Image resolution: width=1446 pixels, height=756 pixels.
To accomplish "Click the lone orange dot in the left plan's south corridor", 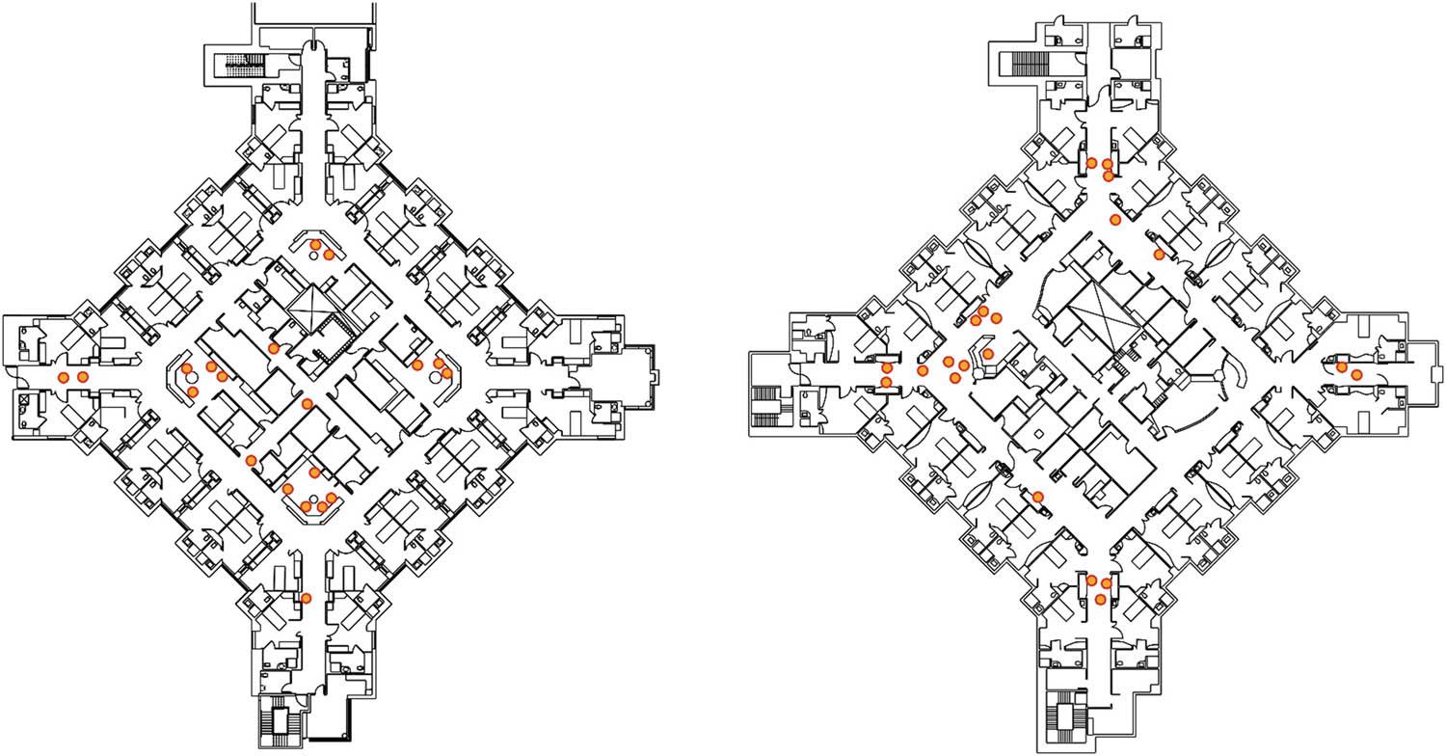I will [x=307, y=599].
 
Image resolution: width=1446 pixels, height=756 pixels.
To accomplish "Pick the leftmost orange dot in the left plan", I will [x=64, y=377].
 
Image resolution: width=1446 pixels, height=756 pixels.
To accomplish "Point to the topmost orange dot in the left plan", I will [x=315, y=245].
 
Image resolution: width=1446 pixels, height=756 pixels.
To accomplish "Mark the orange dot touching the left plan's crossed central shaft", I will [x=275, y=348].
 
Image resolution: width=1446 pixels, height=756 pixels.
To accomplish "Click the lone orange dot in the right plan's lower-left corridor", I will [x=1038, y=498].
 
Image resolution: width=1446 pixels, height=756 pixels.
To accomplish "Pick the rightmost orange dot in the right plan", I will [x=1357, y=374].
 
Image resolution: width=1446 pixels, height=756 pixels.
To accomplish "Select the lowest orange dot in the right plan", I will [x=1101, y=600].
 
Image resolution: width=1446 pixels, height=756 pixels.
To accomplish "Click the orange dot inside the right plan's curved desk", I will [x=988, y=354].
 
